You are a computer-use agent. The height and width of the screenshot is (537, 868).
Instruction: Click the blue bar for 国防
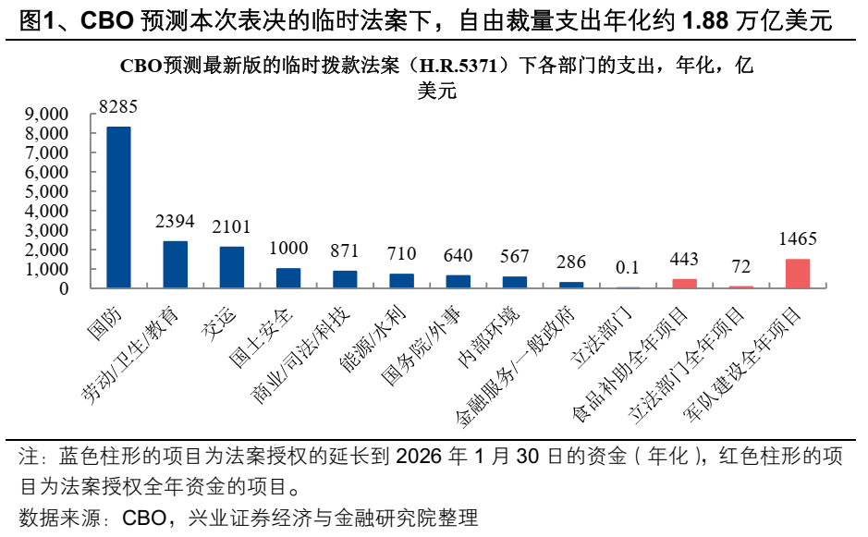[x=118, y=207]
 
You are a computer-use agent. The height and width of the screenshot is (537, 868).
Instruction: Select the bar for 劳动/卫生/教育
[x=175, y=264]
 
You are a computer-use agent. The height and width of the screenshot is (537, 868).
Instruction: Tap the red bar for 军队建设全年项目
[x=797, y=274]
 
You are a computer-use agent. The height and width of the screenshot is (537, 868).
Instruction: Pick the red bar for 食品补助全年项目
[x=684, y=283]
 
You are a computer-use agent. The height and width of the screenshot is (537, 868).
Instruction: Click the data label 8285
[x=118, y=107]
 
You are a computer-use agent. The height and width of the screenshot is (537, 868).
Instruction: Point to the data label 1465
[x=798, y=239]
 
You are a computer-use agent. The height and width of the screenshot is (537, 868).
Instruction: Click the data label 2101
[x=232, y=227]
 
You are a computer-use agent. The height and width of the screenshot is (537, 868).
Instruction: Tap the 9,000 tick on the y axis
[x=46, y=114]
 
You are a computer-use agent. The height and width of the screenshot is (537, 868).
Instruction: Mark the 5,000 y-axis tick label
[x=46, y=191]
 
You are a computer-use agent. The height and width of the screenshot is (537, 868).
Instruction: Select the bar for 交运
[x=232, y=267]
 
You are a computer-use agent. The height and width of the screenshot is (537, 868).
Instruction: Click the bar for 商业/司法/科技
[x=345, y=279]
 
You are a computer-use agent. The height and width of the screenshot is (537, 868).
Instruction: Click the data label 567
[x=514, y=256]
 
